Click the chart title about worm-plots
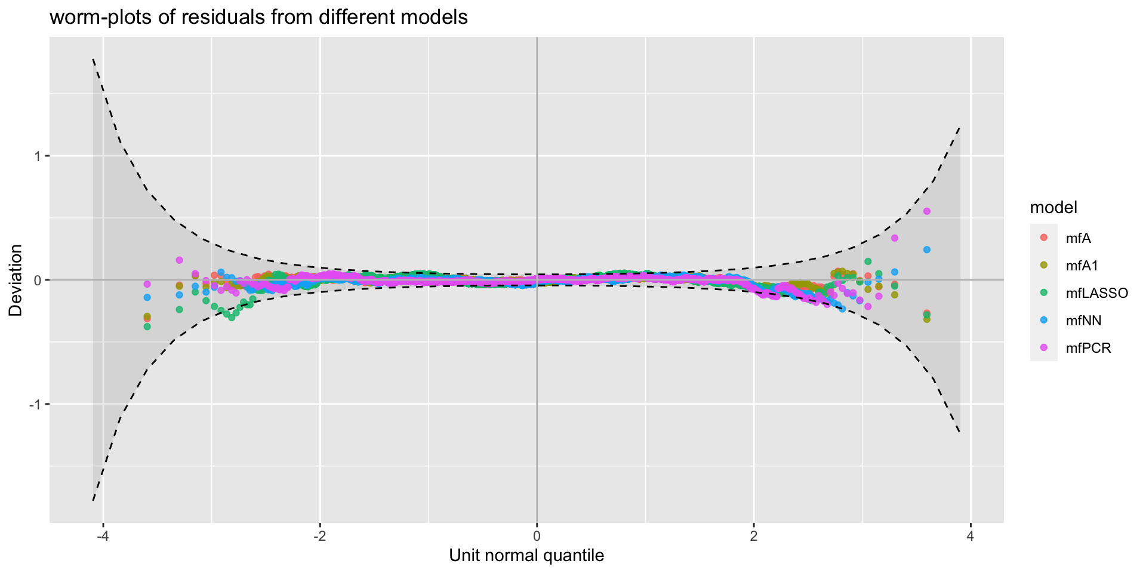[x=258, y=17]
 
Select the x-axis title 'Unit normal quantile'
[x=526, y=556]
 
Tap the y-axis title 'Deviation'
[x=15, y=280]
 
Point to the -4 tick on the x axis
[x=103, y=535]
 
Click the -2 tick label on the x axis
[x=320, y=535]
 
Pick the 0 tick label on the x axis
[x=537, y=535]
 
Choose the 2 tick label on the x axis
[x=754, y=535]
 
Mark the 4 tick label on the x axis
[x=971, y=535]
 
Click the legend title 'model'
[x=1053, y=207]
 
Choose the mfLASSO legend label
[x=1096, y=293]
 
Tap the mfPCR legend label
[x=1088, y=348]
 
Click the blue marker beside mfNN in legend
[x=1044, y=320]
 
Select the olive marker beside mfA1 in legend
[x=1044, y=265]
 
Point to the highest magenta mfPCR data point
[x=927, y=211]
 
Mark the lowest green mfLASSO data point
[x=147, y=326]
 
